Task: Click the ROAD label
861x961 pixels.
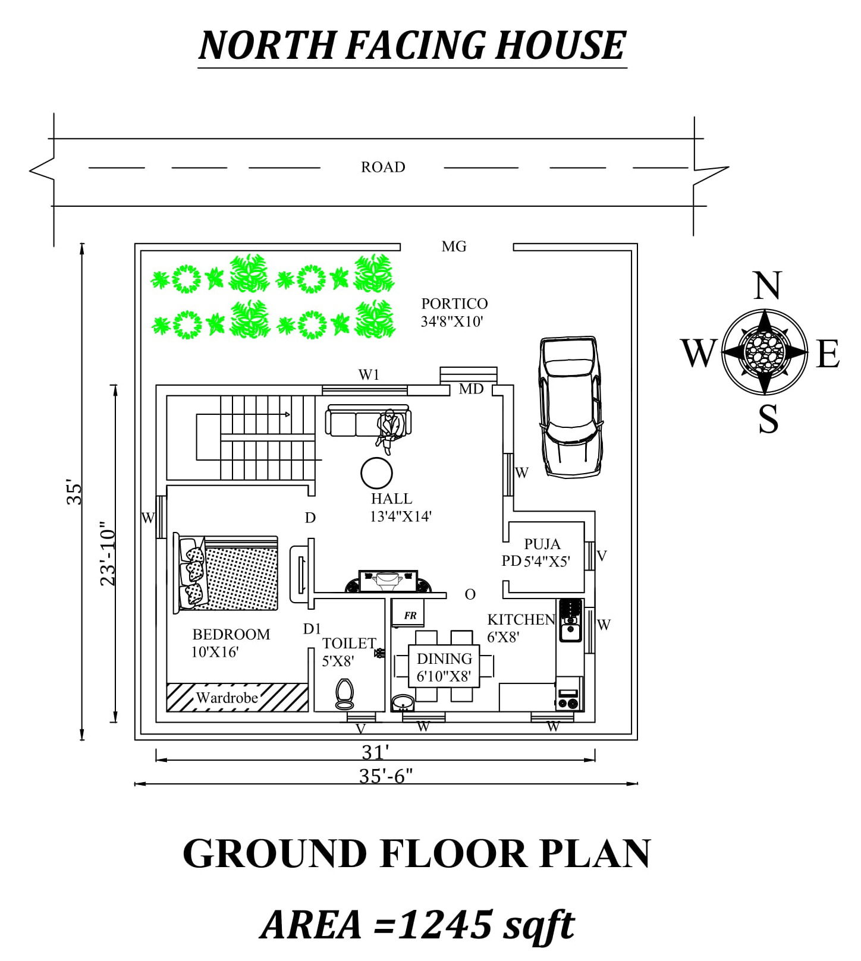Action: coord(383,167)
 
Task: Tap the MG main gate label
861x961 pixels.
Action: coord(454,246)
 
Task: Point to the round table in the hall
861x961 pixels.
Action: coord(376,474)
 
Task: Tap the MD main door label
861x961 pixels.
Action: coord(471,389)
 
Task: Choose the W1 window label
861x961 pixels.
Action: coord(369,374)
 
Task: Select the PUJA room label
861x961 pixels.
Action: coord(542,544)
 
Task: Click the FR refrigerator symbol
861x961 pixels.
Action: coord(410,616)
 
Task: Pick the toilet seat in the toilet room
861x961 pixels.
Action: coord(344,693)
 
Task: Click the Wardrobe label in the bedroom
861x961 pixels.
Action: coord(227,698)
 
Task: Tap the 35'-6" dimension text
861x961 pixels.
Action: coord(386,776)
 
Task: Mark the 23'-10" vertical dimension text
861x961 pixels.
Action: coord(108,554)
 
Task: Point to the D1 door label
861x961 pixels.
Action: coord(312,628)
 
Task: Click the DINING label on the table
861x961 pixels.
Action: coord(444,658)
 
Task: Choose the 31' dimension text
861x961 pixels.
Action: coord(375,752)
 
